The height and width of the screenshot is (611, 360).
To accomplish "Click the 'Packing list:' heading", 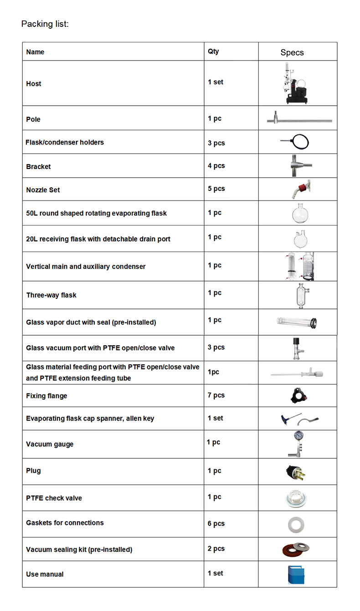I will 45,24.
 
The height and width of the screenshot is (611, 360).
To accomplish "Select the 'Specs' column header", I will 292,52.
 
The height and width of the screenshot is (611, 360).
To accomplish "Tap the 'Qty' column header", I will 213,51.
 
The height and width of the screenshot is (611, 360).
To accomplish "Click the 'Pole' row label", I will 33,119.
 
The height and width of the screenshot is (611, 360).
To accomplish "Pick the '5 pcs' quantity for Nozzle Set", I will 216,189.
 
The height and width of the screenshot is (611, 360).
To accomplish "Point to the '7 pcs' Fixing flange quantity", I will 216,395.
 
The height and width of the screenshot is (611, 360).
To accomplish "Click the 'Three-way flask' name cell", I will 51,295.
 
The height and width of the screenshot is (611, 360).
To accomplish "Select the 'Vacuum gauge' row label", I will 50,444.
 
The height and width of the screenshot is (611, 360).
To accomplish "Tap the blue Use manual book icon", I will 296,575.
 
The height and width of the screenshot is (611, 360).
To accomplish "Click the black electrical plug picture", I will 295,472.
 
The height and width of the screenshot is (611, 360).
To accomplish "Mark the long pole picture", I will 299,120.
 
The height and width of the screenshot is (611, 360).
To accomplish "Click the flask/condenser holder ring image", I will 299,141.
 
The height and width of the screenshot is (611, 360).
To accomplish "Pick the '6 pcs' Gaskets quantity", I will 216,524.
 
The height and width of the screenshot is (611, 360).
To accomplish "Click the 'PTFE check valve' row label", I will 54,498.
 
